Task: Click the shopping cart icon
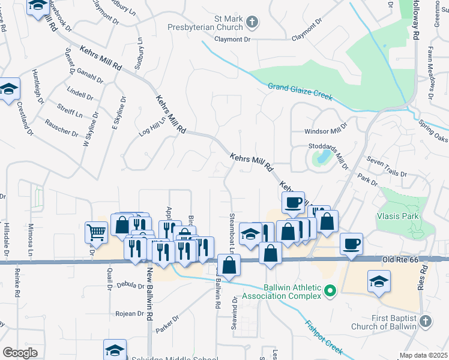coord(96,232)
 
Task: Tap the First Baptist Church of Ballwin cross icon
coord(425,322)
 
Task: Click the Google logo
coord(20,353)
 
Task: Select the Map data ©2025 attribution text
coord(423,355)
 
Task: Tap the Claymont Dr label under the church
coord(229,38)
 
